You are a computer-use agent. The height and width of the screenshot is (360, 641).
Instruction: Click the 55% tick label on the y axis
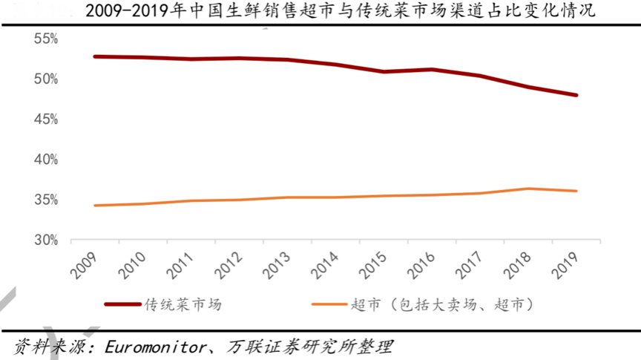[x=46, y=39]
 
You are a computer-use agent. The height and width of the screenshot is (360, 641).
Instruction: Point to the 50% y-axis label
[x=46, y=79]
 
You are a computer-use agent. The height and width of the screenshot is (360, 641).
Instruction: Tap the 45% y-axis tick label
[x=46, y=120]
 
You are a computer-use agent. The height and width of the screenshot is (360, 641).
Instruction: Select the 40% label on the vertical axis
[x=46, y=160]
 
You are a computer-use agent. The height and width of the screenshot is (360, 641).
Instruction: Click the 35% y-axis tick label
[x=46, y=200]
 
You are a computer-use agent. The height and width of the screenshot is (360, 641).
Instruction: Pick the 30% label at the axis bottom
[x=46, y=240]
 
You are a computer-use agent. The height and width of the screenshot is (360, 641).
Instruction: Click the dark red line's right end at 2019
[x=576, y=95]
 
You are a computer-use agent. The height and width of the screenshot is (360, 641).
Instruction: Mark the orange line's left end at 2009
[x=95, y=206]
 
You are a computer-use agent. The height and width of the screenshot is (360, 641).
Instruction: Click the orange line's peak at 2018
[x=528, y=189]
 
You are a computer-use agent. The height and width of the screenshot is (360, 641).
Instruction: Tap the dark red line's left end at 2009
[x=95, y=56]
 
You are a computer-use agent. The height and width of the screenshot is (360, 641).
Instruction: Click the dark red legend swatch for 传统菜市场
[x=122, y=304]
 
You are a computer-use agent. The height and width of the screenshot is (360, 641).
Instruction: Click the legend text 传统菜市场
[x=183, y=304]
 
